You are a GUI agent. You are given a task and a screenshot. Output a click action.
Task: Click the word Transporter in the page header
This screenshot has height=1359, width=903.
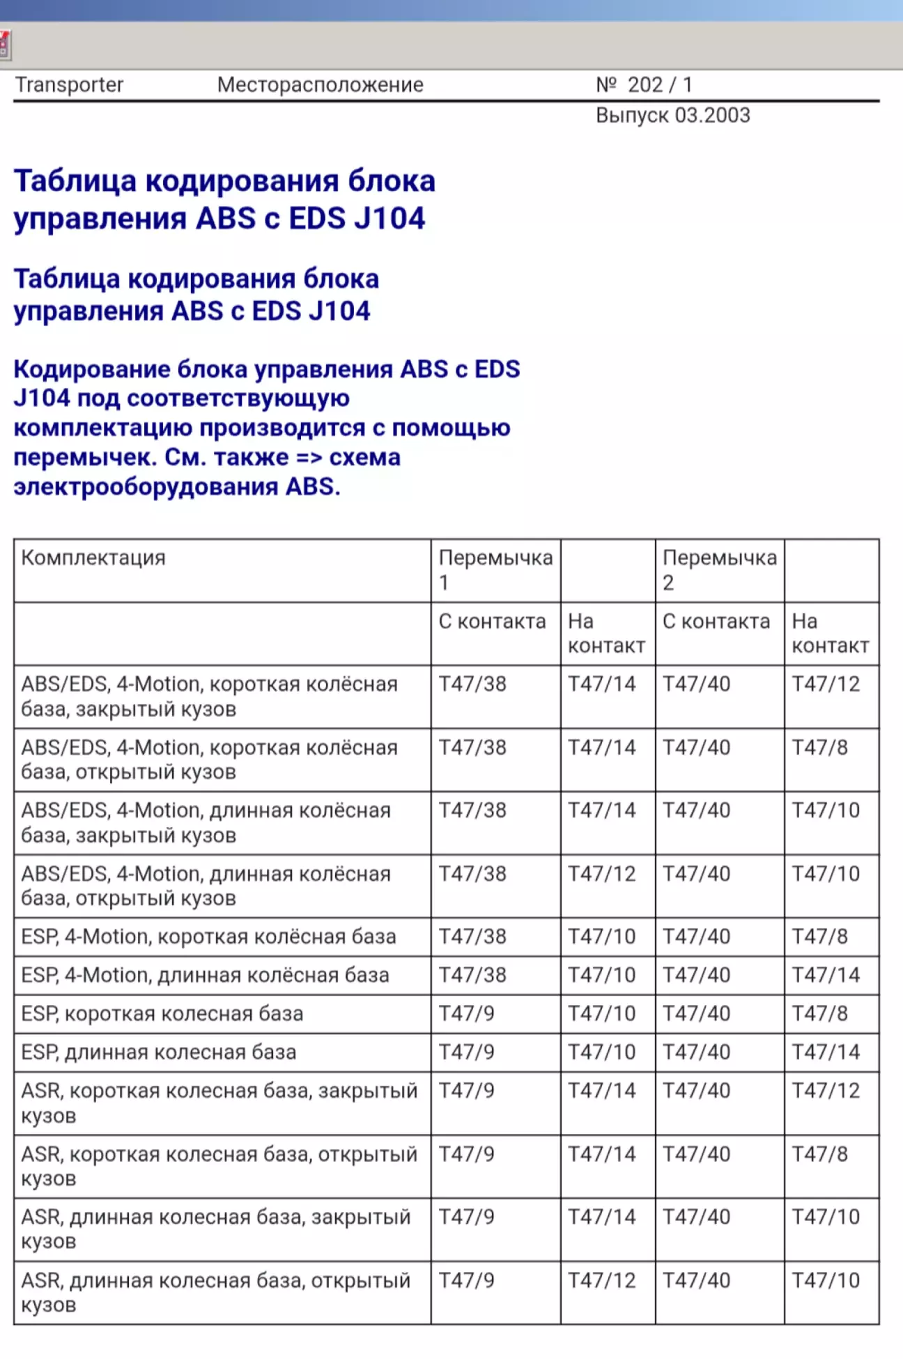click(x=69, y=85)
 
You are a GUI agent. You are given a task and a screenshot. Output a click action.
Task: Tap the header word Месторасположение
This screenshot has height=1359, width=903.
click(x=320, y=85)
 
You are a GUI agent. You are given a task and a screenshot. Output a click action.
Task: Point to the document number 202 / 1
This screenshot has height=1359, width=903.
click(x=659, y=85)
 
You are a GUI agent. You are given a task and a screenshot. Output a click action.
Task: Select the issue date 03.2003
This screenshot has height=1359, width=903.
click(x=712, y=116)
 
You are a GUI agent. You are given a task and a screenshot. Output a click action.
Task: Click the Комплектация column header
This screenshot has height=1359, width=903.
click(x=93, y=558)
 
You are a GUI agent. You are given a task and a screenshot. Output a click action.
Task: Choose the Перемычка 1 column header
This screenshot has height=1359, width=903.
click(x=495, y=569)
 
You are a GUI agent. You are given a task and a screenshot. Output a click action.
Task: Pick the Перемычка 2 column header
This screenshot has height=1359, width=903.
click(x=719, y=569)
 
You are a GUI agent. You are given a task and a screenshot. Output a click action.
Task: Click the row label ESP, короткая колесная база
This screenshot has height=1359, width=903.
click(x=162, y=1014)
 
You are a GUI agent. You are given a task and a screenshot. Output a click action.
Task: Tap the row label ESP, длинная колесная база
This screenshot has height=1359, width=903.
click(x=159, y=1052)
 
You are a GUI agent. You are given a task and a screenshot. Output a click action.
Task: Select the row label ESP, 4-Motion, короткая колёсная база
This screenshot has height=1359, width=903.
click(x=208, y=937)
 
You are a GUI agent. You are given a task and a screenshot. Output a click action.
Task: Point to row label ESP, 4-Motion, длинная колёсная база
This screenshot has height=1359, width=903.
click(x=205, y=975)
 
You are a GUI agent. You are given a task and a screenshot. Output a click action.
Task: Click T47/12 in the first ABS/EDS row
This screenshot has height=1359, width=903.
click(x=826, y=684)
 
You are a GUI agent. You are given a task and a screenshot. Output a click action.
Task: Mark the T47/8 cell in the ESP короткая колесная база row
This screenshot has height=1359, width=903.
click(x=819, y=1014)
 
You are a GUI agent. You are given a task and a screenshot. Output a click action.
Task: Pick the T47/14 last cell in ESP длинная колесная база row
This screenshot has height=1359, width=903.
click(x=826, y=1052)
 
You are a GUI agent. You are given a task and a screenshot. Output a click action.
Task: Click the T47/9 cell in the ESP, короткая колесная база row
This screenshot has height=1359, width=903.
click(x=466, y=1014)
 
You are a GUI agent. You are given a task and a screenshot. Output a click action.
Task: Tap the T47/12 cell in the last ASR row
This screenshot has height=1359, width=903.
click(x=601, y=1280)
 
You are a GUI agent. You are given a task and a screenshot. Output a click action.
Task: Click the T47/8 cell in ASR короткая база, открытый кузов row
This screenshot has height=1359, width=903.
click(x=819, y=1154)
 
